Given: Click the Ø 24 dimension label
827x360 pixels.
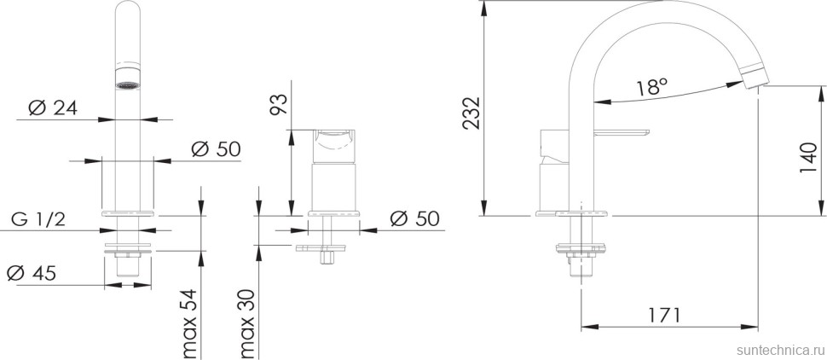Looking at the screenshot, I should click(x=52, y=108).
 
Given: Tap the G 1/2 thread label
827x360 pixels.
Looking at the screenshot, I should click(x=38, y=219).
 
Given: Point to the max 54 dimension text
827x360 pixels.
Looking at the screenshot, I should click(x=189, y=325).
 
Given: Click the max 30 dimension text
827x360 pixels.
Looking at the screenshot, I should click(x=247, y=325).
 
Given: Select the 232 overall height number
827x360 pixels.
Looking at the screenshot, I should click(x=469, y=112).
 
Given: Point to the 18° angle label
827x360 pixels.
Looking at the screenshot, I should click(x=652, y=87).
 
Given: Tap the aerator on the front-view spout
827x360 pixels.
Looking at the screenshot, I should click(x=127, y=84).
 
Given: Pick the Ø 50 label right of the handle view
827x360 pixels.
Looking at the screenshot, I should click(x=414, y=218).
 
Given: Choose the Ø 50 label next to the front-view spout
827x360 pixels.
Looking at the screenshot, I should click(x=216, y=148).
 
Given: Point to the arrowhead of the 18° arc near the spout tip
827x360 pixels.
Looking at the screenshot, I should click(x=734, y=84).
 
